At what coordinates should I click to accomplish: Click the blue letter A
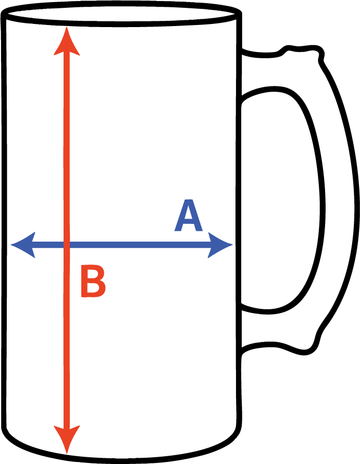click(188, 216)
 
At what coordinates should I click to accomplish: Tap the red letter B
click(92, 282)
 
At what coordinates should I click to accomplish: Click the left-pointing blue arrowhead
click(23, 244)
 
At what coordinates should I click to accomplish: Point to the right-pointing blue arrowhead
click(219, 244)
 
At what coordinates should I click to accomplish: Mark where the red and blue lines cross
click(67, 244)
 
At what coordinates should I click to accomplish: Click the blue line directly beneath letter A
click(188, 244)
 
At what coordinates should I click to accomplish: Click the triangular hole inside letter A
click(188, 214)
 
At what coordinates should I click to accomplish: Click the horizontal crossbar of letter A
click(188, 223)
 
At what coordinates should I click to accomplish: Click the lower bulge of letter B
click(102, 289)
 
